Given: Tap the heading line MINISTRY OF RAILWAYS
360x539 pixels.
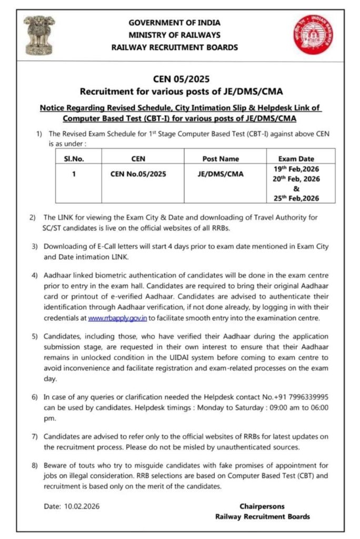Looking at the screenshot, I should click(x=174, y=35).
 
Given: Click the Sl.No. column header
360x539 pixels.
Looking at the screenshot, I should click(x=74, y=158).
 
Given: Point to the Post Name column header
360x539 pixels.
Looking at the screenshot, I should click(x=221, y=158).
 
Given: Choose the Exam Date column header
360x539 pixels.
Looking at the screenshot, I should click(x=296, y=158).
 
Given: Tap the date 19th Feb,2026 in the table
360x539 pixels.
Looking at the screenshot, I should click(x=296, y=169).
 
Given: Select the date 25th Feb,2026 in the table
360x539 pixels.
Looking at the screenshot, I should click(x=296, y=198).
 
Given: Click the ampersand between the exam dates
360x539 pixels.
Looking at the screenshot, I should click(x=296, y=189).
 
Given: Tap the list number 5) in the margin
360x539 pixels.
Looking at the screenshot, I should click(x=33, y=336).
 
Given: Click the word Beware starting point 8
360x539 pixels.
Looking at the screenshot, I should click(x=56, y=466).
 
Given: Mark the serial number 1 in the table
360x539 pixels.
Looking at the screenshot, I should click(x=74, y=174).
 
